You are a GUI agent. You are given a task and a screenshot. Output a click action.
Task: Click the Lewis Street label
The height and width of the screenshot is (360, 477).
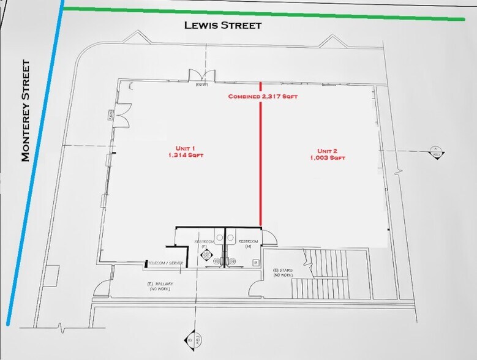[x=223, y=26]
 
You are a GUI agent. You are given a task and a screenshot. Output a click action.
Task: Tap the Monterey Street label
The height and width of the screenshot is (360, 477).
[x=26, y=111]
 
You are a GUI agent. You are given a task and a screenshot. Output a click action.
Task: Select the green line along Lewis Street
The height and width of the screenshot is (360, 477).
[x=263, y=13]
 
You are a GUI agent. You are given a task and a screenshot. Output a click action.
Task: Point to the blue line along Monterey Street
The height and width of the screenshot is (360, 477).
[x=34, y=165]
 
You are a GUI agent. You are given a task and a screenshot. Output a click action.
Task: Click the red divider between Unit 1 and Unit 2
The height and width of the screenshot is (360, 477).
[x=261, y=159]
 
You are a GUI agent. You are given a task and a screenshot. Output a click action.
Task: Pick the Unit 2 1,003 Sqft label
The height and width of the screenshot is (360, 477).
[x=327, y=154]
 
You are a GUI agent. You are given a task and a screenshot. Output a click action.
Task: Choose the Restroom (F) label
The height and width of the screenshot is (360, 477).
[x=204, y=242]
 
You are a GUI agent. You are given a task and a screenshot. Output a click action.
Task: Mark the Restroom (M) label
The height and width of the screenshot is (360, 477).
[x=248, y=242]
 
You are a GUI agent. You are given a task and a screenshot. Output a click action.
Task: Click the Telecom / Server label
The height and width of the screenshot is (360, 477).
[x=165, y=263]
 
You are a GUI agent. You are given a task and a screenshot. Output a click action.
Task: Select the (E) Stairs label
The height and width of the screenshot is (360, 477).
[x=284, y=272]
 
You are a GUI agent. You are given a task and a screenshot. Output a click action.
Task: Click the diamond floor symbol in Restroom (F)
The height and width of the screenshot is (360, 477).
[x=207, y=253]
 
